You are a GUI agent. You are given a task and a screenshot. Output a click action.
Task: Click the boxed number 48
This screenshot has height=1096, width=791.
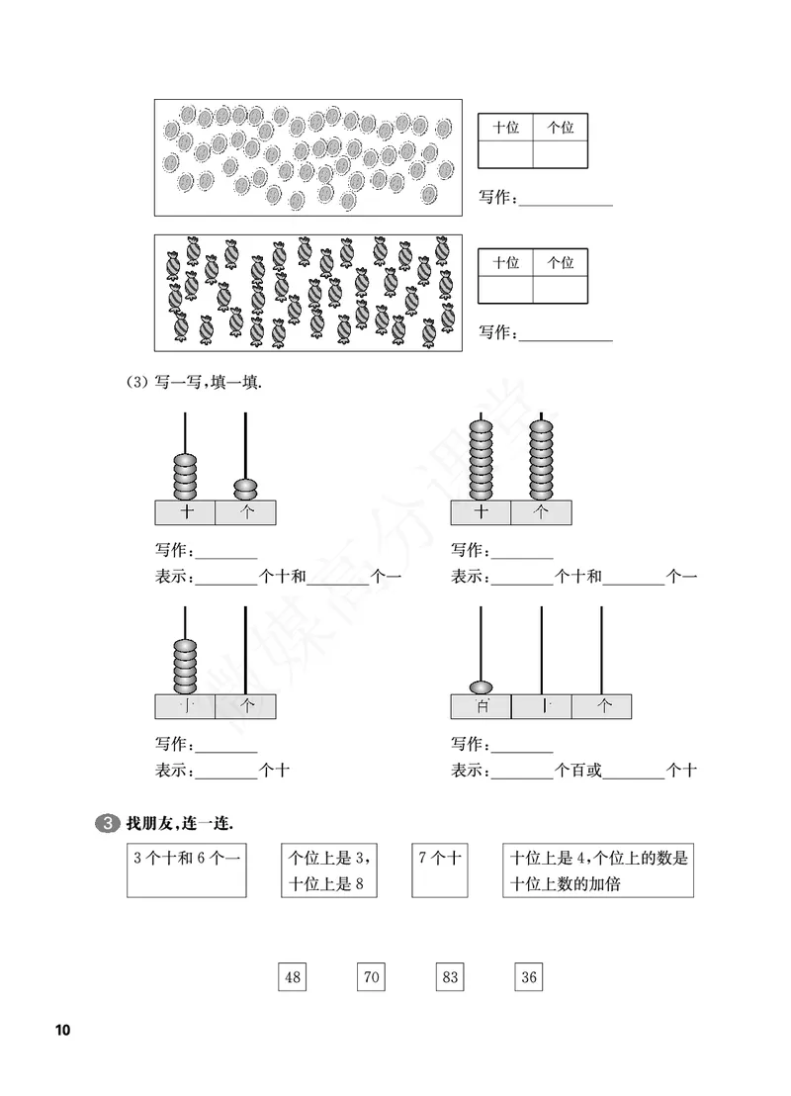pos(293,977)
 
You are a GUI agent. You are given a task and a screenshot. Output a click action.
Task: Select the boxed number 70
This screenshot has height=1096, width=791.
pos(371,977)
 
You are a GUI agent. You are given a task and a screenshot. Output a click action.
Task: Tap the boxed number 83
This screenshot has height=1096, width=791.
pos(450,977)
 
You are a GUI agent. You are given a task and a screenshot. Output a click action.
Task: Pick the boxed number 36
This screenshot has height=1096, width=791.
pos(529,977)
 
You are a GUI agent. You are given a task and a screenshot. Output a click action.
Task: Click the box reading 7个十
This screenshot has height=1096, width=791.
pos(439,869)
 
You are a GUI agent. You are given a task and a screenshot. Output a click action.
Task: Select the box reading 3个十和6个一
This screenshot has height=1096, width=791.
pos(186,869)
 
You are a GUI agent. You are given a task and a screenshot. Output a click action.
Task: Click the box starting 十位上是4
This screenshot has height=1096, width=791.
pos(597,869)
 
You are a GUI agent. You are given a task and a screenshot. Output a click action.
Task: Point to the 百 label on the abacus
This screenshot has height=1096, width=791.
pos(482,706)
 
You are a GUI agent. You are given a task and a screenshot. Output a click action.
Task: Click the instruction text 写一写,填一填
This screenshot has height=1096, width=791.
pos(212,384)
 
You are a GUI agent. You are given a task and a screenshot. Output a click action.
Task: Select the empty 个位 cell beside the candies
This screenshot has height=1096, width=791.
pos(561,289)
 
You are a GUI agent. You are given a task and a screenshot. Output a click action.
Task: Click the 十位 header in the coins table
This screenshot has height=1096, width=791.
pos(505,128)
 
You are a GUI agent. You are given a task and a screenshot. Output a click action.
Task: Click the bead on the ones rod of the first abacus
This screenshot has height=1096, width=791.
pos(245,488)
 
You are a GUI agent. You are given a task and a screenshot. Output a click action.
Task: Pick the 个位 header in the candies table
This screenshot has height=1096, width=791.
pos(561,262)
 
